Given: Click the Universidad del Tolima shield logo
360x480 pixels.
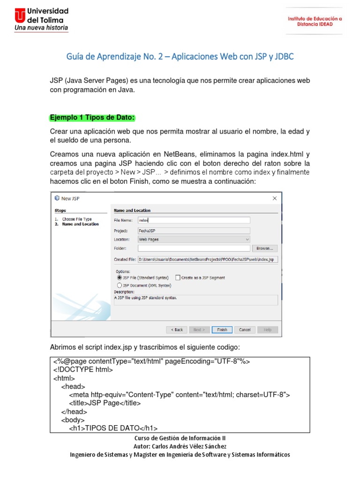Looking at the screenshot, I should pyautogui.click(x=20, y=15).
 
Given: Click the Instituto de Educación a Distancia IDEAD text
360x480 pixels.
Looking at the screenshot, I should pyautogui.click(x=315, y=22).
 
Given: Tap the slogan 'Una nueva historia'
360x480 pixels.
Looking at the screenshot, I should pyautogui.click(x=41, y=28).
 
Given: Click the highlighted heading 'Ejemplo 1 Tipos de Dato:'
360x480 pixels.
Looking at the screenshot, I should pyautogui.click(x=92, y=117).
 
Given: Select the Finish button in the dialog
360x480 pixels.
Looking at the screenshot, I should pyautogui.click(x=222, y=330).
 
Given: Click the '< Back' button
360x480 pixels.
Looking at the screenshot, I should pyautogui.click(x=177, y=330).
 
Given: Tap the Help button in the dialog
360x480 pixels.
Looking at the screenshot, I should pyautogui.click(x=267, y=330).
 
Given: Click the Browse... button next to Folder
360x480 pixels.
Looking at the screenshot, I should pyautogui.click(x=265, y=248).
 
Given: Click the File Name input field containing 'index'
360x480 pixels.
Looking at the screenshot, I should pyautogui.click(x=194, y=220).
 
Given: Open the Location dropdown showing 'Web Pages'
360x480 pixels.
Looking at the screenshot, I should pyautogui.click(x=194, y=239).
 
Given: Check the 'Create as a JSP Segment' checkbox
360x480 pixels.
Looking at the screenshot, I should pyautogui.click(x=178, y=277).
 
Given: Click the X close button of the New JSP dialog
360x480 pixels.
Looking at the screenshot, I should pyautogui.click(x=275, y=198).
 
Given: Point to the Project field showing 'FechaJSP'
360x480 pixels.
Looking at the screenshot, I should pyautogui.click(x=194, y=230).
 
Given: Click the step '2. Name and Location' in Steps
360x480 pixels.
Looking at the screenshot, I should pyautogui.click(x=80, y=224).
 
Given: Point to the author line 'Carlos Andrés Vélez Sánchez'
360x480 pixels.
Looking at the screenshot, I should pyautogui.click(x=180, y=446).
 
